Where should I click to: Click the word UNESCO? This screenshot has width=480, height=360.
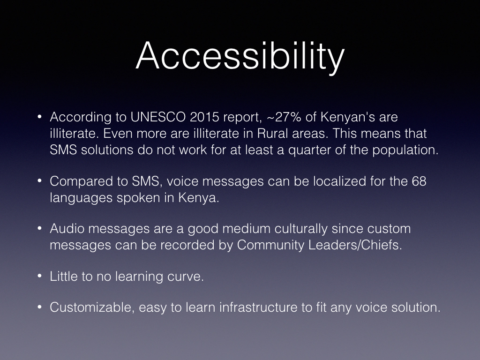click(158, 117)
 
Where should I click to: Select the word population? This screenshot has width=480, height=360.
click(405, 150)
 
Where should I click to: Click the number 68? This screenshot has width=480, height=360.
click(419, 181)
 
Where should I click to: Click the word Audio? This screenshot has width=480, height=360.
click(67, 229)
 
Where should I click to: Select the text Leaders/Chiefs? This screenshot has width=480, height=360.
click(355, 245)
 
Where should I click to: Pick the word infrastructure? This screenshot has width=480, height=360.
click(258, 307)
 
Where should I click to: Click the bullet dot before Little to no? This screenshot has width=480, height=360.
click(39, 276)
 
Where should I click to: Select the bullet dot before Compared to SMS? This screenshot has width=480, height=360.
click(39, 181)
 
